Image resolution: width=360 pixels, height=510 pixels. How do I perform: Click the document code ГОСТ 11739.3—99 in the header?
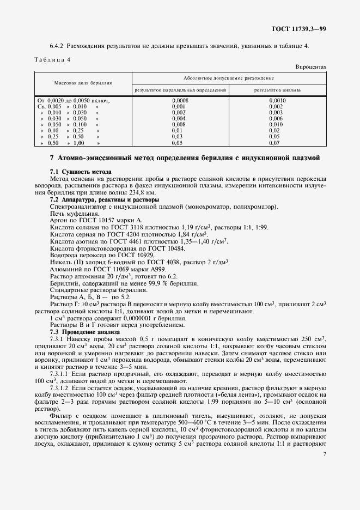pos(300,28)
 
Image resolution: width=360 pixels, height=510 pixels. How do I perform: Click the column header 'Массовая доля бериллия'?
pos(83,83)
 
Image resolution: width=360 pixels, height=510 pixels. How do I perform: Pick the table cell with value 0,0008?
pos(180,101)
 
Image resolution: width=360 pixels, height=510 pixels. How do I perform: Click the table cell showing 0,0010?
pos(277,101)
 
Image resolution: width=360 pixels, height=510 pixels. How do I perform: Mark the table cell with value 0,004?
pos(179,119)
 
